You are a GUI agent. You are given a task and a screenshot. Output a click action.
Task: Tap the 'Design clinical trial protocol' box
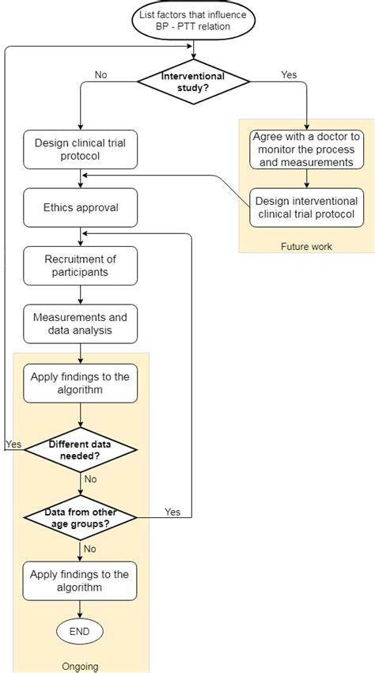[80, 149]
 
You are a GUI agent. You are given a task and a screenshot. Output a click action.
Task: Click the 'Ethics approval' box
[80, 208]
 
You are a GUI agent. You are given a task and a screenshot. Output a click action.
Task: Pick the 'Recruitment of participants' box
[80, 266]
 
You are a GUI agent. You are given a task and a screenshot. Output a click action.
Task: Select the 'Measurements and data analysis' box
[80, 323]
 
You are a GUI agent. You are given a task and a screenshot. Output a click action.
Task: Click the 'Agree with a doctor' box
[306, 149]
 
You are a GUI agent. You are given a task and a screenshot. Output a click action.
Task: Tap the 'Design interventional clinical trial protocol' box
[306, 207]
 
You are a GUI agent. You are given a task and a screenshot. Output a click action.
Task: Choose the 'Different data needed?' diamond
[80, 450]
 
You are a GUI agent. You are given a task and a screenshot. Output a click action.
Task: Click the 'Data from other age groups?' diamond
[80, 518]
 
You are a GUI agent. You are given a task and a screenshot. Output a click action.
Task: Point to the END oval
[80, 631]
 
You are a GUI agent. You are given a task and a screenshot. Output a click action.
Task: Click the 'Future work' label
[306, 246]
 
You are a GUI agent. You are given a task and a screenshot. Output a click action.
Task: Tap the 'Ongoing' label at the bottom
[80, 667]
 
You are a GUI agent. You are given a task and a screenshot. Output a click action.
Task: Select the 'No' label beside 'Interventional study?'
[101, 74]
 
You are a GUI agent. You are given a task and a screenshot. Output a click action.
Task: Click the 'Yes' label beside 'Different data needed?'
[13, 444]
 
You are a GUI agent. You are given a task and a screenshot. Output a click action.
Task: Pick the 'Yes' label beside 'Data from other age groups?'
[172, 512]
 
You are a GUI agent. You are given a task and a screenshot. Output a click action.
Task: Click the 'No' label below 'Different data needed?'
[91, 478]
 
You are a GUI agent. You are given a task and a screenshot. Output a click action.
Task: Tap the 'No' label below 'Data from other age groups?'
[91, 548]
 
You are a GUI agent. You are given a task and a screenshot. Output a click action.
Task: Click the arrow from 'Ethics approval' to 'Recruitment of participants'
[80, 236]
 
